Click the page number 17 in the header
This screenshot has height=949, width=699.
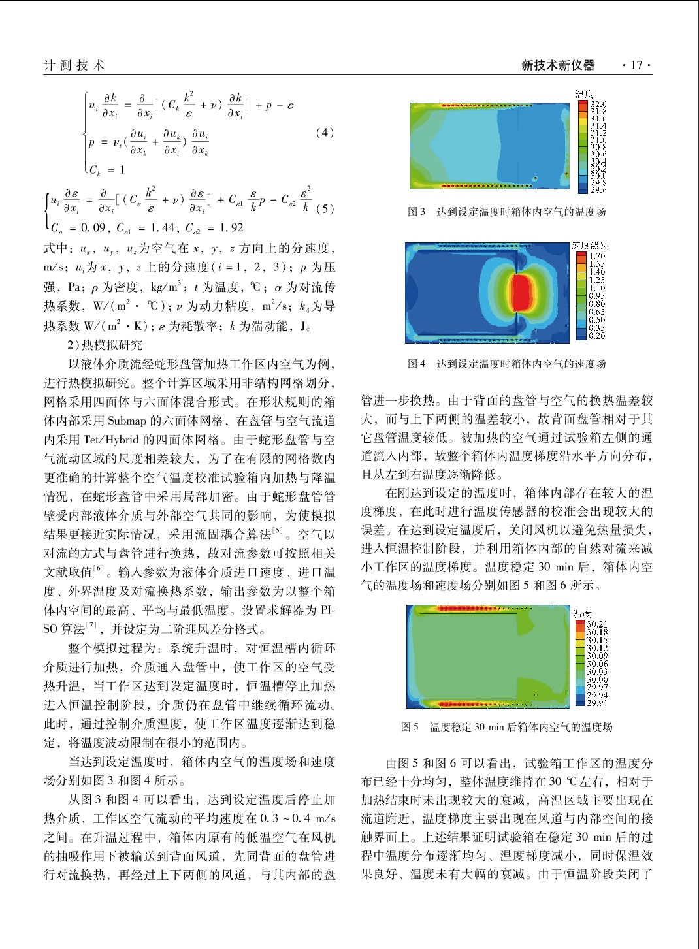tap(636, 65)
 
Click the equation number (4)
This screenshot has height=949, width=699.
tap(325, 133)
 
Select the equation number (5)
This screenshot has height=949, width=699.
tap(325, 209)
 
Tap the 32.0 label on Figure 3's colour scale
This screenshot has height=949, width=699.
tap(598, 105)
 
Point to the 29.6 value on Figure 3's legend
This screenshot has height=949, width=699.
tap(598, 190)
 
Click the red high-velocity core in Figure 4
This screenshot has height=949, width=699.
tap(521, 292)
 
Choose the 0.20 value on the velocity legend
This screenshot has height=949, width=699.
tap(597, 336)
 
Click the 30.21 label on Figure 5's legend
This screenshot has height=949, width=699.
tap(597, 624)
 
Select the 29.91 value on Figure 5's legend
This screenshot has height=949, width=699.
tap(597, 702)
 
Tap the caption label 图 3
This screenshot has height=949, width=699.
tap(416, 212)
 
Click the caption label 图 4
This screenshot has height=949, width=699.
tap(416, 364)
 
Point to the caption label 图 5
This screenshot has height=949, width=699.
tap(410, 727)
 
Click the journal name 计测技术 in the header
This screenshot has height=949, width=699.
tap(74, 65)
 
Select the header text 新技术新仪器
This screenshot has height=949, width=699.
tap(558, 65)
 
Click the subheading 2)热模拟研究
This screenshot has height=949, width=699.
tap(105, 345)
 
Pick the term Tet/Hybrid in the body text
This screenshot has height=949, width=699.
tap(112, 440)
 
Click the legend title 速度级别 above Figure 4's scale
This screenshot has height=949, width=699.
tap(590, 246)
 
